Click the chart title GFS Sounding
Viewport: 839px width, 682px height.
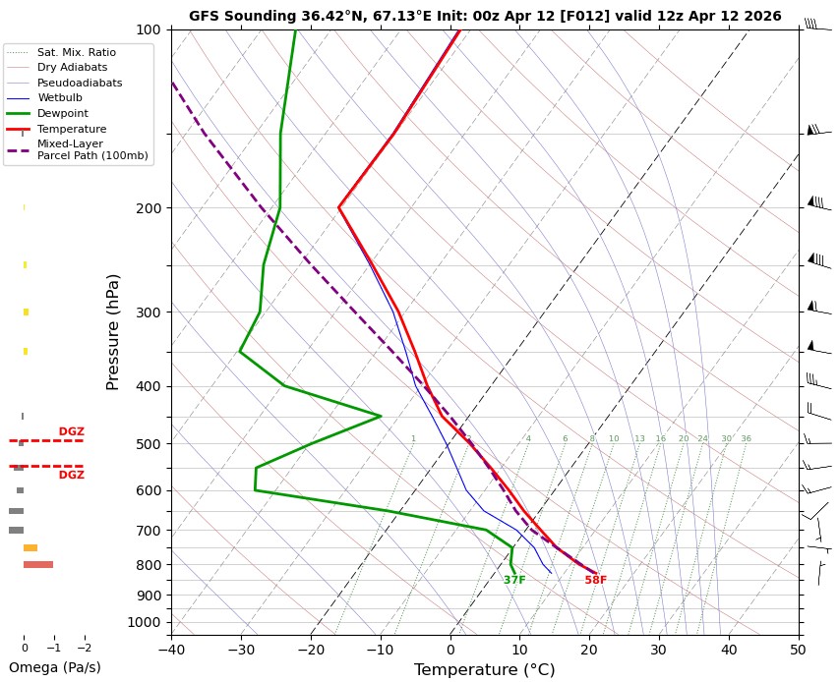(485, 16)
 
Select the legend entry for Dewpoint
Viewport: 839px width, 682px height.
(62, 113)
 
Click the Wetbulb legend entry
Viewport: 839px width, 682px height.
(60, 98)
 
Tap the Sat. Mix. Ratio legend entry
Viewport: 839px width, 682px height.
(77, 52)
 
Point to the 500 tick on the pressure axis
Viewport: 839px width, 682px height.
(148, 444)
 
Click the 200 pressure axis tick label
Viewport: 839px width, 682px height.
(148, 208)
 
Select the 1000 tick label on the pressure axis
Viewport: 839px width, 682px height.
(145, 622)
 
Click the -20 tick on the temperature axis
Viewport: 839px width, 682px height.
(311, 649)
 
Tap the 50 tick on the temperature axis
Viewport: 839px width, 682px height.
(799, 649)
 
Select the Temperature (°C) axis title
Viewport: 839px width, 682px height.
(485, 670)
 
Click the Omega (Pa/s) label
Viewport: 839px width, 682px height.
(55, 667)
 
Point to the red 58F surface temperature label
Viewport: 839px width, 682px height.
(596, 581)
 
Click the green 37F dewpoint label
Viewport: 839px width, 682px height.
(514, 581)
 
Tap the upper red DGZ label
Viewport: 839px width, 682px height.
(72, 432)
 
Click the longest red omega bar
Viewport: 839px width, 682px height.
(38, 564)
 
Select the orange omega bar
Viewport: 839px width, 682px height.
(30, 547)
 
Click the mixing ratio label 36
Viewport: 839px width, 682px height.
(746, 439)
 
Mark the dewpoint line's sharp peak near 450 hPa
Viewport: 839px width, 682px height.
(381, 416)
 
